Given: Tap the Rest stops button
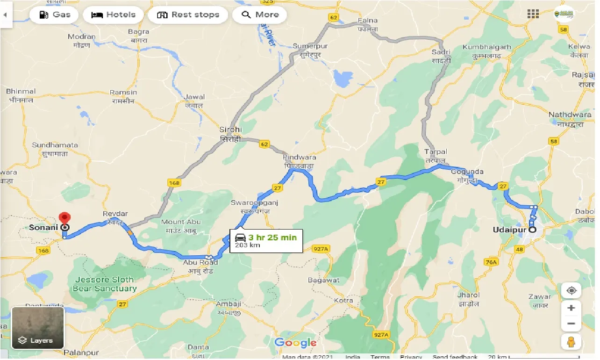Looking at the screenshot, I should tap(188, 14).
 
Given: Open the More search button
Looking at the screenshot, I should tap(259, 14).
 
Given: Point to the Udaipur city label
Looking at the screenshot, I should tap(510, 230).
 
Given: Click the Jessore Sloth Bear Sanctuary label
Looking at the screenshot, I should tap(104, 284).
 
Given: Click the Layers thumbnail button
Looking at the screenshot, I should tap(37, 328).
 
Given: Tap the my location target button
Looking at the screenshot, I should tap(571, 291).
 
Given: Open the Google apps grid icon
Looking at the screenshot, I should tap(533, 14).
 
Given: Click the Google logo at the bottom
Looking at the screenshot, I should tap(295, 343).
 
